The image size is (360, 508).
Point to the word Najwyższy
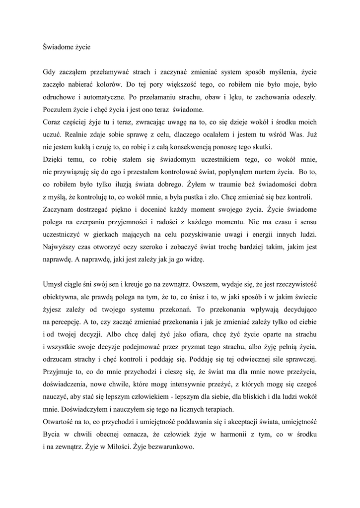pyautogui.click(x=61, y=246)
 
